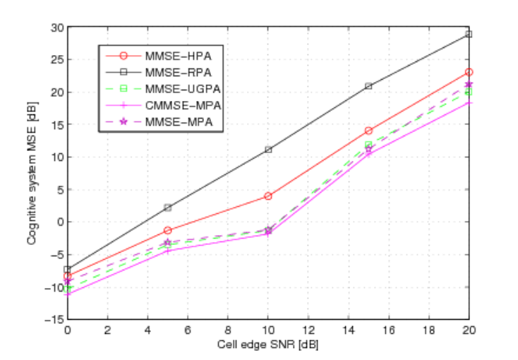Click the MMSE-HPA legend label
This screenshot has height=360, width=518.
pyautogui.click(x=179, y=56)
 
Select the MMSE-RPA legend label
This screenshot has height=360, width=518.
pyautogui.click(x=179, y=73)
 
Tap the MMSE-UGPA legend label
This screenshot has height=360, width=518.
pyautogui.click(x=183, y=89)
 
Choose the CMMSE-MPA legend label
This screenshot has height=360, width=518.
pyautogui.click(x=183, y=105)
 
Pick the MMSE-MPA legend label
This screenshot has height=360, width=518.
pyautogui.click(x=179, y=122)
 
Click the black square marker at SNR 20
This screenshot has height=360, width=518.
pyautogui.click(x=469, y=34)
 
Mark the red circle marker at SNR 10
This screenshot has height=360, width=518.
pyautogui.click(x=268, y=196)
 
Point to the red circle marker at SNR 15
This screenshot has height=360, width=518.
pyautogui.click(x=368, y=131)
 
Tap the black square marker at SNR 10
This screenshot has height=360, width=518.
pyautogui.click(x=268, y=150)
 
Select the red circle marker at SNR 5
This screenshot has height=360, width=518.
pyautogui.click(x=168, y=230)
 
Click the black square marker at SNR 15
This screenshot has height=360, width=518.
pyautogui.click(x=368, y=86)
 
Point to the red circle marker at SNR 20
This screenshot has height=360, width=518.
pyautogui.click(x=469, y=72)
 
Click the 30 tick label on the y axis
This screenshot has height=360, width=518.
pyautogui.click(x=57, y=28)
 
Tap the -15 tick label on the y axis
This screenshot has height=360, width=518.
pyautogui.click(x=54, y=319)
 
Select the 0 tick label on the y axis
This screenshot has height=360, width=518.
pyautogui.click(x=61, y=222)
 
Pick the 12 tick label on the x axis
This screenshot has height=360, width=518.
pyautogui.click(x=308, y=330)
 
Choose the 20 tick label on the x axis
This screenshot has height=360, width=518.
pyautogui.click(x=469, y=330)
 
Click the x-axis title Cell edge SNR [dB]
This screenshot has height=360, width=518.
pyautogui.click(x=268, y=344)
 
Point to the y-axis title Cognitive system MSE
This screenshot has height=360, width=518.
pyautogui.click(x=32, y=173)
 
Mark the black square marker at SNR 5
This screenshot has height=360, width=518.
pyautogui.click(x=168, y=208)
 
